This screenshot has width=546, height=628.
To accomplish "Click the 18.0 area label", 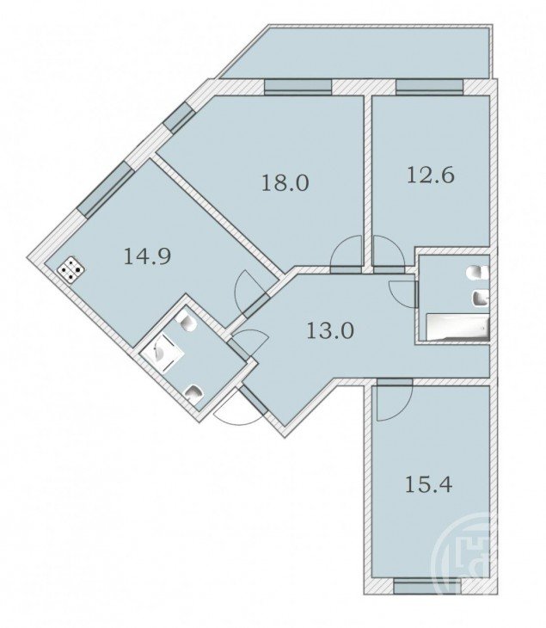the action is click(285, 183).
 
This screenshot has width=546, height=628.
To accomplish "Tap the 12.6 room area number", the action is click(431, 175).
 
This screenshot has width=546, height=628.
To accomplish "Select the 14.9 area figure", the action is click(147, 256).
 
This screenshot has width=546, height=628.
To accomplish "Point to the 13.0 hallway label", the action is click(330, 331).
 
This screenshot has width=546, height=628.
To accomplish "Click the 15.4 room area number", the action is click(429, 484).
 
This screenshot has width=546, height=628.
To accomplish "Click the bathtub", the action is click(458, 327).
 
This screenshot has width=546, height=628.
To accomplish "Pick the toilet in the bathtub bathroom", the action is click(477, 274).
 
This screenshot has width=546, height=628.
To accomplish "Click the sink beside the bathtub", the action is click(481, 298).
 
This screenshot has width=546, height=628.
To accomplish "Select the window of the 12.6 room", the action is click(430, 87).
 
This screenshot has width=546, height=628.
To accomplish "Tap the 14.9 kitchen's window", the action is click(105, 190).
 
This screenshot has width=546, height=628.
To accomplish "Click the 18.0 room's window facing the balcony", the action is click(298, 87).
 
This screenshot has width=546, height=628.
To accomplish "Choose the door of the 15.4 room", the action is click(395, 400).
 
